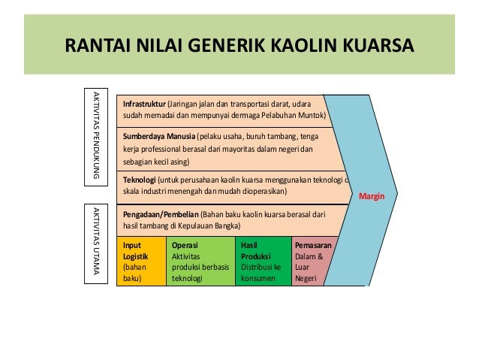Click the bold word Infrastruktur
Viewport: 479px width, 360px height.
tap(144, 103)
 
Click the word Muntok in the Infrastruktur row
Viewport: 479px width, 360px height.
tap(309, 116)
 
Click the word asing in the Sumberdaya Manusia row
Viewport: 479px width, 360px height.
tap(179, 161)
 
